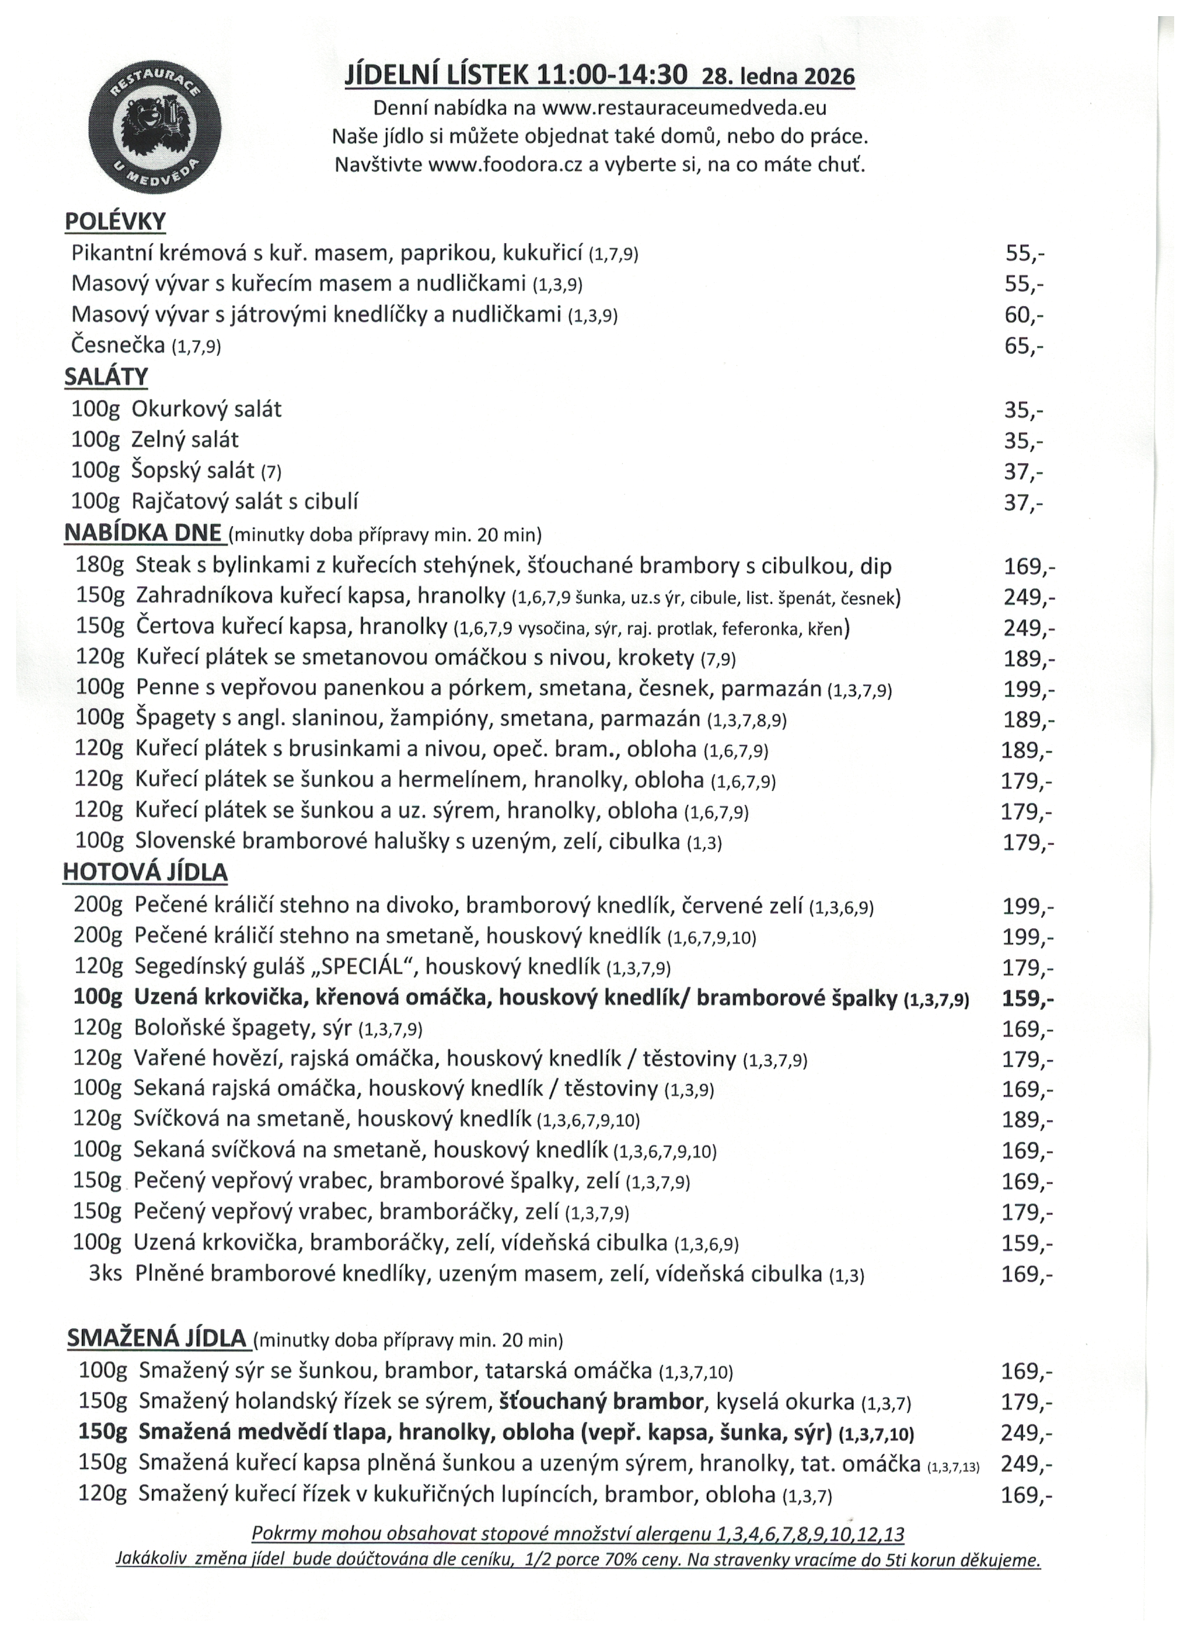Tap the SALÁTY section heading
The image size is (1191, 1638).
[x=106, y=377]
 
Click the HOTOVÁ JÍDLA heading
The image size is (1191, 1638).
[x=145, y=872]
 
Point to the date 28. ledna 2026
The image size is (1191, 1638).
[x=778, y=76]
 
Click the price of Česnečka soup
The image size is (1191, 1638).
[x=1024, y=347]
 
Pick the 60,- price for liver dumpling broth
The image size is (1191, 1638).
[x=1024, y=315]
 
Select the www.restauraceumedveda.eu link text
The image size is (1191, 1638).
[x=684, y=109]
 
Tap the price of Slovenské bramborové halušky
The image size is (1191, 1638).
[x=1028, y=843]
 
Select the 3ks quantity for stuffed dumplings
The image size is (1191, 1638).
[x=106, y=1274]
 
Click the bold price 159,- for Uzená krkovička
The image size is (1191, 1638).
[x=1027, y=999]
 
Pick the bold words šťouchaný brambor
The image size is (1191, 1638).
[x=601, y=1403]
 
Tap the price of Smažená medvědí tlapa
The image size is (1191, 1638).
[x=1026, y=1433]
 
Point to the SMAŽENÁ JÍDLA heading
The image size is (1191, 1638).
[x=158, y=1338]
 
